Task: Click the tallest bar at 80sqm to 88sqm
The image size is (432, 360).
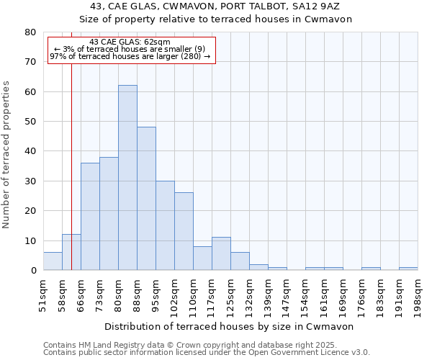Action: pyautogui.click(x=127, y=178)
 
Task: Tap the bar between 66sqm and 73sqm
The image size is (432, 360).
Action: pyautogui.click(x=90, y=216)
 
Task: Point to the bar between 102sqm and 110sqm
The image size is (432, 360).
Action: pyautogui.click(x=184, y=231)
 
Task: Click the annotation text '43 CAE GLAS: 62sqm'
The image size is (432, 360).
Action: pyautogui.click(x=130, y=42)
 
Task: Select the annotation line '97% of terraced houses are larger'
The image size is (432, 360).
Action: pyautogui.click(x=130, y=56)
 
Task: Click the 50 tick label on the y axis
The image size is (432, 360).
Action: pyautogui.click(x=31, y=122)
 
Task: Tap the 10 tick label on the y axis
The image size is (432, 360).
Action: pyautogui.click(x=31, y=240)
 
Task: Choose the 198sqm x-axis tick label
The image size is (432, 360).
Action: pyautogui.click(x=418, y=293)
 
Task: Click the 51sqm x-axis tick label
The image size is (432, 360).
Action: pyautogui.click(x=43, y=293)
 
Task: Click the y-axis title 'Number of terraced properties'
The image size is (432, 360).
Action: pyautogui.click(x=6, y=154)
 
